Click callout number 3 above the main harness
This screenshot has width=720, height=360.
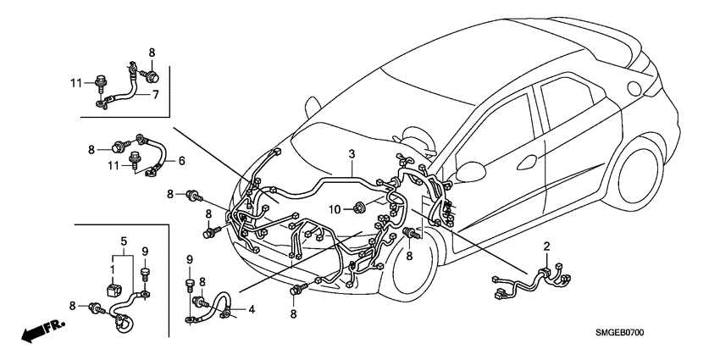pos(352,154)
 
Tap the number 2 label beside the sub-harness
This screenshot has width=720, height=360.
pos(546,246)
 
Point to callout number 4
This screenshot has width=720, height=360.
pos(252,310)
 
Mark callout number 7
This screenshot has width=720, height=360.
pos(155,95)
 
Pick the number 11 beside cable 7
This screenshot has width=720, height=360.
pos(75,82)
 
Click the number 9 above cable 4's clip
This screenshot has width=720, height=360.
pos(190,258)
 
